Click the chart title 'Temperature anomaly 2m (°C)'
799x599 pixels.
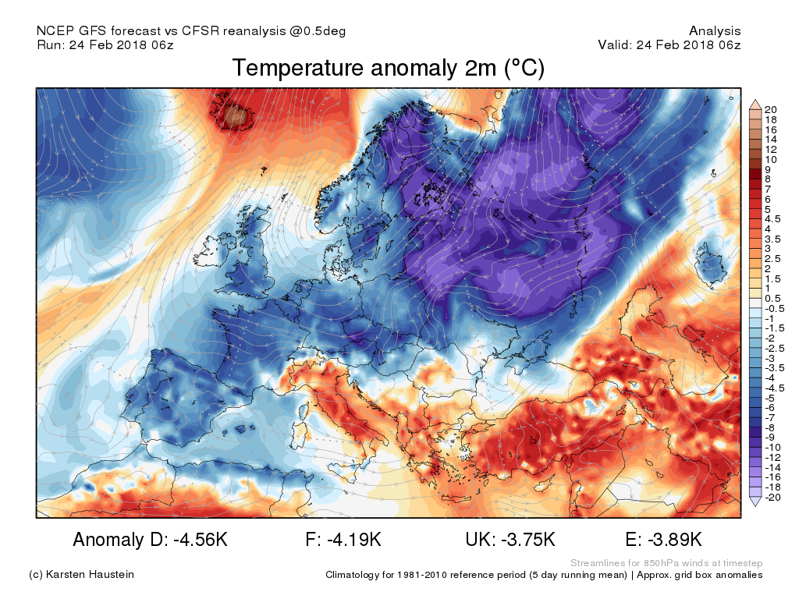point(388,69)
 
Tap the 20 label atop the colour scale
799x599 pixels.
point(770,109)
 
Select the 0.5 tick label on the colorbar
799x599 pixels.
point(772,299)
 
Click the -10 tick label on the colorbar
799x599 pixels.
point(772,448)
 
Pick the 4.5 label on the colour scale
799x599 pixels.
point(772,219)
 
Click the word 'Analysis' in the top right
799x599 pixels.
point(715,31)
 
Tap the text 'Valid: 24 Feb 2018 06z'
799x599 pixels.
point(669,45)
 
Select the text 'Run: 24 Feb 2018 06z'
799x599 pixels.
point(105,45)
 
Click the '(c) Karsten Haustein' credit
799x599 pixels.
point(81,575)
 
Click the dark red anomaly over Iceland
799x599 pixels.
point(235,117)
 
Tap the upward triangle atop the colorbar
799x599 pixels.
point(755,105)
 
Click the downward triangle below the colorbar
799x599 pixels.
point(755,503)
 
